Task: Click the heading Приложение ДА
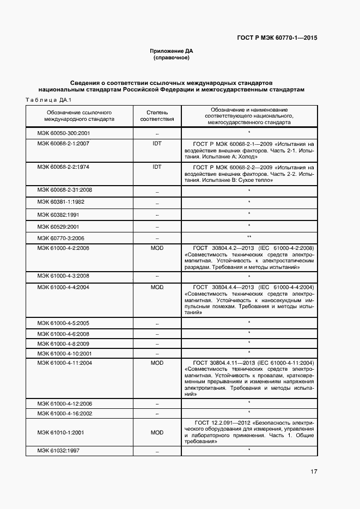point(172,51)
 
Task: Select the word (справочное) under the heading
point(172,58)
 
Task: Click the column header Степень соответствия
point(157,115)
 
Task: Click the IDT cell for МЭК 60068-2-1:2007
point(157,144)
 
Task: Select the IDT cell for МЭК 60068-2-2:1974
point(157,167)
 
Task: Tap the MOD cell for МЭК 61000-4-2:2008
point(157,248)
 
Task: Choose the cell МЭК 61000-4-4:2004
point(64,287)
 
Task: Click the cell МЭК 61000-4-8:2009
point(64,344)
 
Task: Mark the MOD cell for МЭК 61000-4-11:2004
point(157,363)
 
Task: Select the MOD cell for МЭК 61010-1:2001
point(157,433)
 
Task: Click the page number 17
point(314,471)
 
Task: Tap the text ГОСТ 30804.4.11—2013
point(225,363)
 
